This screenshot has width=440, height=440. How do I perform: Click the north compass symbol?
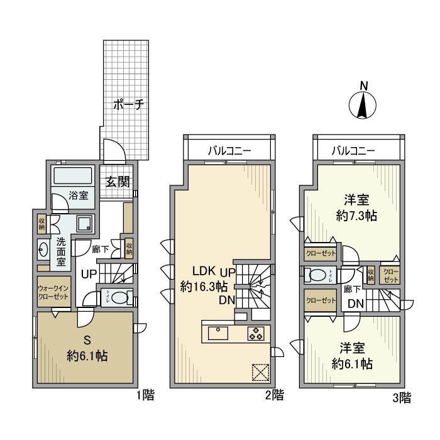tap(363, 102)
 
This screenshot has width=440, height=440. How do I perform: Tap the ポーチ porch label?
tap(129, 105)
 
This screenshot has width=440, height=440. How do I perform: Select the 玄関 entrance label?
tap(117, 182)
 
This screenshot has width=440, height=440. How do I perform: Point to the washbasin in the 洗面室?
tap(43, 250)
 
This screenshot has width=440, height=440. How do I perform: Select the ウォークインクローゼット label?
tap(54, 292)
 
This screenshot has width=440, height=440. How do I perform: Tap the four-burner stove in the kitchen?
tap(256, 333)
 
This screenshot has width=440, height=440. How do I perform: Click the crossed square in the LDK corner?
tap(260, 372)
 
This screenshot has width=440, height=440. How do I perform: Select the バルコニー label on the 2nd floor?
tap(229, 151)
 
